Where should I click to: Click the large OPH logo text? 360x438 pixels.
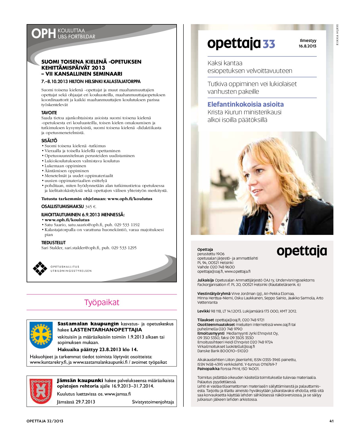(43, 34)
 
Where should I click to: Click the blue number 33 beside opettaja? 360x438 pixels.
(269, 44)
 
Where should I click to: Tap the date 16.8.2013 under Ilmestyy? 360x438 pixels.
(307, 46)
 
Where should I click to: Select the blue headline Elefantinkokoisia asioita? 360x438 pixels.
(245, 104)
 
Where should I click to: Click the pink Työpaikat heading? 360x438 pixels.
(102, 302)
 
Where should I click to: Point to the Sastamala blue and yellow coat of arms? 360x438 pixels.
(41, 335)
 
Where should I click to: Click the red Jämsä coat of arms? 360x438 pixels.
(41, 391)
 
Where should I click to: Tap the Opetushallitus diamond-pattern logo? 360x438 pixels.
(40, 268)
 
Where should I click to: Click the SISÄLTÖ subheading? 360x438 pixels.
(49, 141)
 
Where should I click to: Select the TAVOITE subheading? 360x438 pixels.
(49, 113)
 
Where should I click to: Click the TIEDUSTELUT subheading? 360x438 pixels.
(53, 243)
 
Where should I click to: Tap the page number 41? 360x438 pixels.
(331, 421)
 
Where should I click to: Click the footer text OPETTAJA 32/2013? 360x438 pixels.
(45, 421)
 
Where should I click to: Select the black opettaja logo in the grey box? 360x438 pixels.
(302, 251)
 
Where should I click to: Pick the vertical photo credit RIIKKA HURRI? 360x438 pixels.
(338, 35)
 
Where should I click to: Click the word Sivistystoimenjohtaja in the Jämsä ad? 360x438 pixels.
(153, 402)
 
